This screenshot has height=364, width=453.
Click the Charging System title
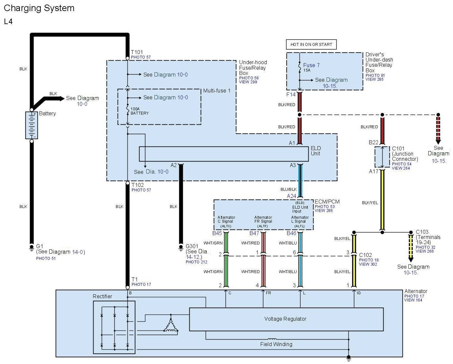(39, 8)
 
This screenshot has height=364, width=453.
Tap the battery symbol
(32, 125)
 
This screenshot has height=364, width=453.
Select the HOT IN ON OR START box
(311, 45)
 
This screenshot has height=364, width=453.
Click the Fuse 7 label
(311, 65)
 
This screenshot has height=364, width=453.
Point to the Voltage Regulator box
(286, 319)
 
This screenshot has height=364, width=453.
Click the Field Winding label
(276, 344)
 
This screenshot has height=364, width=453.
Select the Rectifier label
(102, 296)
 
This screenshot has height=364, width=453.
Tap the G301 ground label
(192, 246)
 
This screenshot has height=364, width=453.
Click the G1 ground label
(39, 246)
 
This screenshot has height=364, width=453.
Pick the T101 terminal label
(137, 52)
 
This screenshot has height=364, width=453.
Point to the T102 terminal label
(138, 185)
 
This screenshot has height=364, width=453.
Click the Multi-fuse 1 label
(217, 91)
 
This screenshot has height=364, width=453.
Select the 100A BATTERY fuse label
(139, 111)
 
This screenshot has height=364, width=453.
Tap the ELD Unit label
(316, 151)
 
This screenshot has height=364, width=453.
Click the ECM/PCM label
(327, 202)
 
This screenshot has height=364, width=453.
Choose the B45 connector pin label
(217, 233)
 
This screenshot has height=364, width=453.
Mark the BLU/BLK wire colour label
(288, 189)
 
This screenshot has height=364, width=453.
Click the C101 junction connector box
(382, 157)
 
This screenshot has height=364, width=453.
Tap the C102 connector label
(365, 255)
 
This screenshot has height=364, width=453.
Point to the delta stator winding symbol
(171, 325)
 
